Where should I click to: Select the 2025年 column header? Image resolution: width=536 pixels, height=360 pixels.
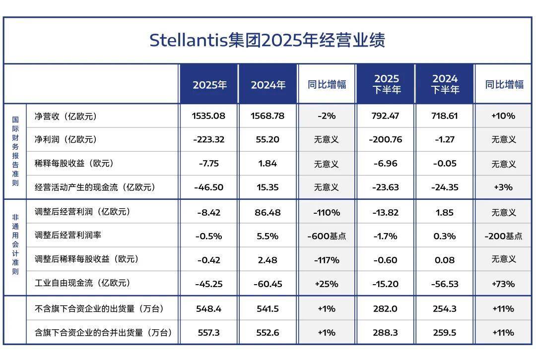pos(209,85)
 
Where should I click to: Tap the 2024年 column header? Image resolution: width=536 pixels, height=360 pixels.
pos(268,85)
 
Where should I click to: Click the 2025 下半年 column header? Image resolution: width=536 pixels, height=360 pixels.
pos(386,84)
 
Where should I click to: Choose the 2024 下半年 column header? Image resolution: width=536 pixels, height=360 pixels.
pos(445,84)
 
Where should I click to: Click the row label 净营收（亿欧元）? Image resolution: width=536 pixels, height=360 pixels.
pos(66,117)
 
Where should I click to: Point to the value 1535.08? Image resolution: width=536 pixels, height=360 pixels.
pos(209,116)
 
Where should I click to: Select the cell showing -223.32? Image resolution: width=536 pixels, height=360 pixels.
pos(209,140)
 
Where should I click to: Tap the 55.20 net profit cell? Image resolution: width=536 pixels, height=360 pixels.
pos(268,140)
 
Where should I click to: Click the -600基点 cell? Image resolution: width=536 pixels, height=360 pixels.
pos(327,236)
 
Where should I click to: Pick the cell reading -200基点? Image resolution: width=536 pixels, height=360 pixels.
pos(503,236)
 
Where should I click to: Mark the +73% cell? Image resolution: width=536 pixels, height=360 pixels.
pos(503,284)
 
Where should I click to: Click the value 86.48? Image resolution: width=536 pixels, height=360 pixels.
pos(268,212)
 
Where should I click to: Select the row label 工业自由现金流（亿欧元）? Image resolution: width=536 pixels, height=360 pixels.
pos(82,283)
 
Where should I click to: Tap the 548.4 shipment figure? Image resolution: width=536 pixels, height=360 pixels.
pos(209,309)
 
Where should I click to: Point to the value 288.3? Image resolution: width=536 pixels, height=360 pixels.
pos(386,333)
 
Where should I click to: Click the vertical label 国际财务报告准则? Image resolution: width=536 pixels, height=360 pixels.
pos(15,151)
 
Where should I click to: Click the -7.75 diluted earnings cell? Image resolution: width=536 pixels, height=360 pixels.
pos(209,164)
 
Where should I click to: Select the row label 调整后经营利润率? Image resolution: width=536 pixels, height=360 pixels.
pos(68,235)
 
